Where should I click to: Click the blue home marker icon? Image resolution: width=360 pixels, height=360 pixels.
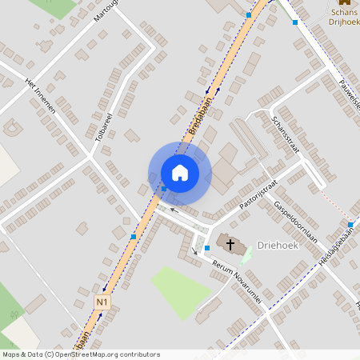pyautogui.click(x=180, y=173)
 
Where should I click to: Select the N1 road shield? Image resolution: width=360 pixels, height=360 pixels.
pyautogui.click(x=102, y=302)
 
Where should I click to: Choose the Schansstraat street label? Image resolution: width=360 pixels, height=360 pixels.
pyautogui.click(x=284, y=133)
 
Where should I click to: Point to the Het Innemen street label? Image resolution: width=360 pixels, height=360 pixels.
pyautogui.click(x=41, y=95)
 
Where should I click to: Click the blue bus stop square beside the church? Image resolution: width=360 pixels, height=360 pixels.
pyautogui.click(x=207, y=248)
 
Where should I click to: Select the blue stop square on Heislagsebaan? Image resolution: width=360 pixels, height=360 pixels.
pyautogui.click(x=350, y=224)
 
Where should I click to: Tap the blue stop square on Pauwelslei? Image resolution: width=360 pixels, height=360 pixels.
pyautogui.click(x=295, y=22)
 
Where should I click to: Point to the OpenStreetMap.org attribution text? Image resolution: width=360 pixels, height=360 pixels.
pyautogui.click(x=116, y=354)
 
